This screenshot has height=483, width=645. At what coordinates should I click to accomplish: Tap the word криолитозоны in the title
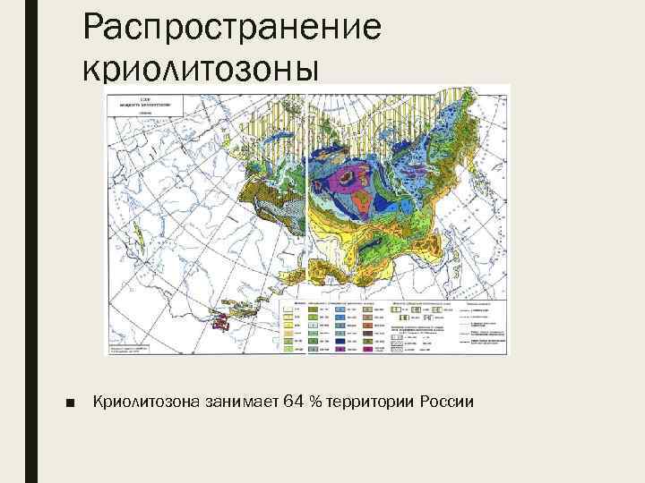tap(199, 68)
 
